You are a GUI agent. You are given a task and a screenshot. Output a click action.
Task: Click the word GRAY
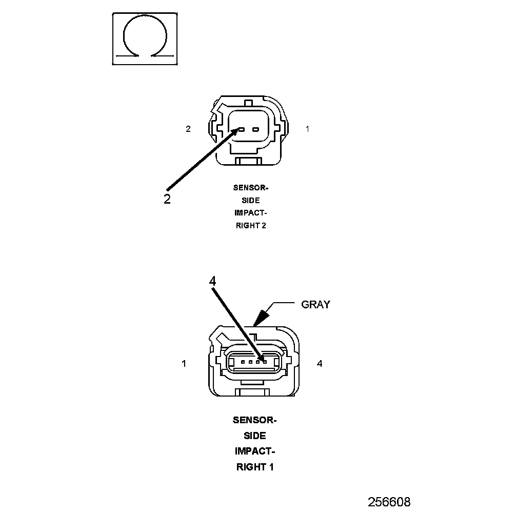315,304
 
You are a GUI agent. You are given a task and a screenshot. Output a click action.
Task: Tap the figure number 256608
389,502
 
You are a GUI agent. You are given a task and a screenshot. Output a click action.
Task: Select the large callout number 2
167,199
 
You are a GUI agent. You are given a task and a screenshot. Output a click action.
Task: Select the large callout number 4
213,281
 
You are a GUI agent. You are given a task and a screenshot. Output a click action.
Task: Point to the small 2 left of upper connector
188,129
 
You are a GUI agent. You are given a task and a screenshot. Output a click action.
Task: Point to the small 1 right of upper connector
308,129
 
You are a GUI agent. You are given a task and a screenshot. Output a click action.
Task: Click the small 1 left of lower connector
184,364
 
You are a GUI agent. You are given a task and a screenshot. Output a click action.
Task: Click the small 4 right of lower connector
320,364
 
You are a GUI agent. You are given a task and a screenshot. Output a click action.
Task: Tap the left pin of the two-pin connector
241,129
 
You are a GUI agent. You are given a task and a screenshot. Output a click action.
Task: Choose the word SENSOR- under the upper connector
251,188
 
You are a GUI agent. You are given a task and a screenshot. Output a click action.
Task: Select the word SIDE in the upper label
251,200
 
